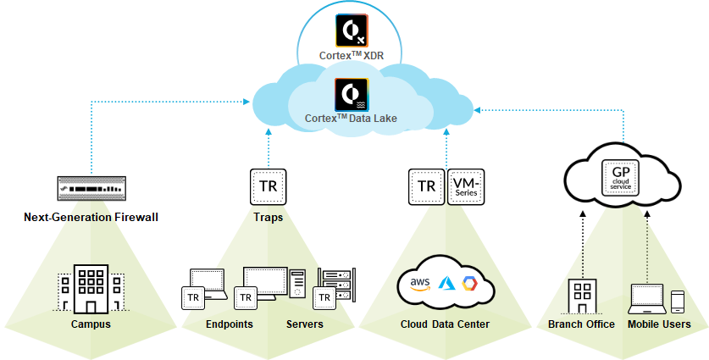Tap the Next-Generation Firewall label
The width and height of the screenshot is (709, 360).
(91, 218)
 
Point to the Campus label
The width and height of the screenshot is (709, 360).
(91, 324)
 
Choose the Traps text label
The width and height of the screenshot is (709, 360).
(267, 218)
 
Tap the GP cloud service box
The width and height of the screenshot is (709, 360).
(617, 177)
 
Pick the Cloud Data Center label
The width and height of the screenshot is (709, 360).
(446, 324)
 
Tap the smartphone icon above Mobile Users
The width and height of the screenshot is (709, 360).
(677, 302)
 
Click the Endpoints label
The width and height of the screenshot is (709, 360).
(230, 324)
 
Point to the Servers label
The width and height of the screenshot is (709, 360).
(304, 324)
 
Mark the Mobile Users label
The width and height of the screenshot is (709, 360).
(659, 324)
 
